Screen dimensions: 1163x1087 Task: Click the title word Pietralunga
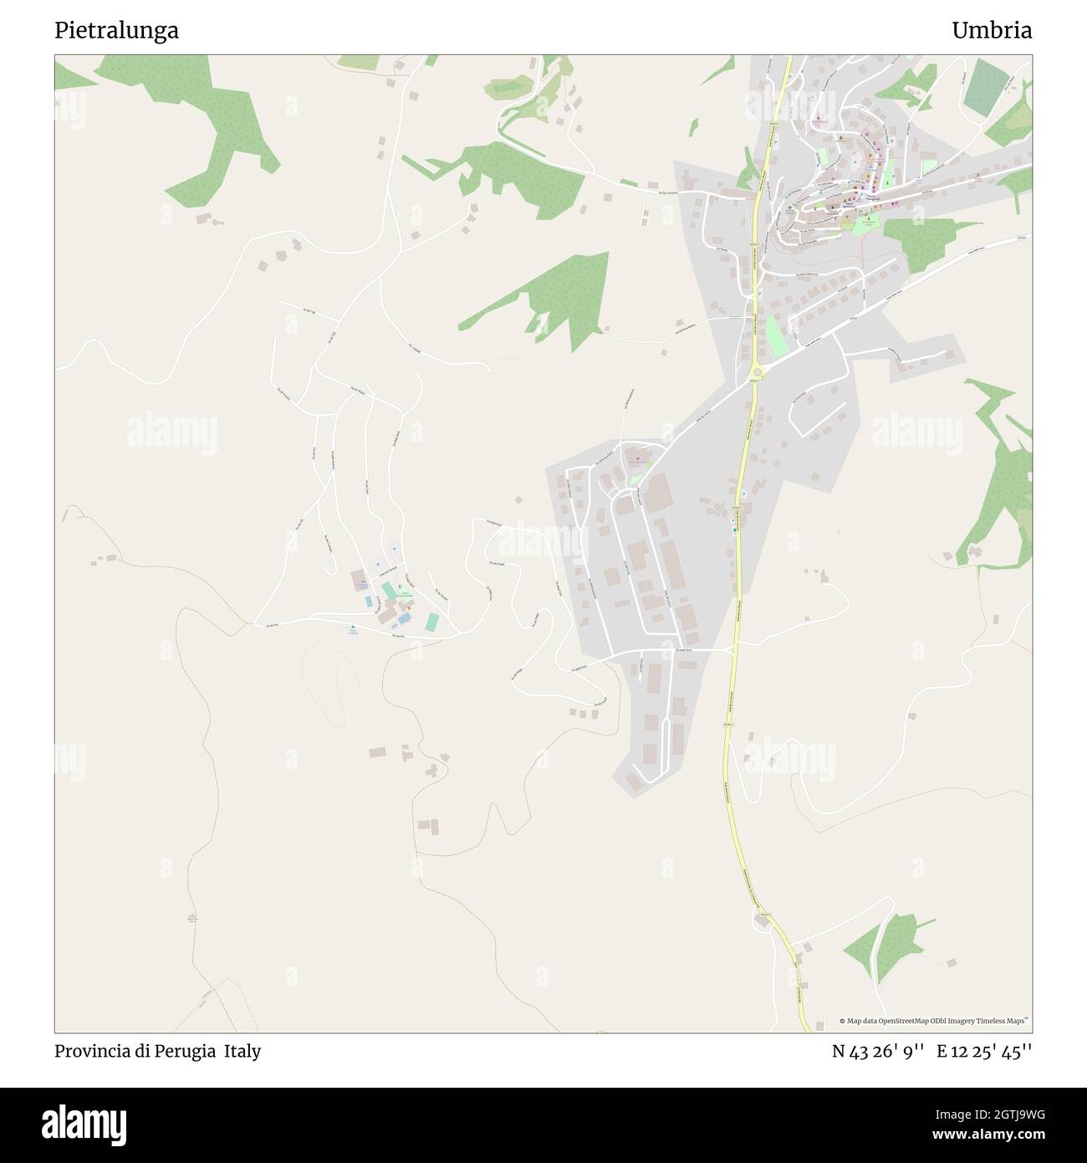pos(116,31)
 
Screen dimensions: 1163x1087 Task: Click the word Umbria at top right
pos(991,31)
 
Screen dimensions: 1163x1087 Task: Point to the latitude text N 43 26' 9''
pos(877,1051)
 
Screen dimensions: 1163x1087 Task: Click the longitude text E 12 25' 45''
pos(984,1051)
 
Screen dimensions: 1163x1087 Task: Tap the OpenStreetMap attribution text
pos(936,1021)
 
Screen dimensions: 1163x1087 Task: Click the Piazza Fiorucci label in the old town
pos(850,203)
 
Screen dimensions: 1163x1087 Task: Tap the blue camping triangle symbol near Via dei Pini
pos(353,628)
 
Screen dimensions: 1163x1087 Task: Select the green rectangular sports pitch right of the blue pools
pos(432,622)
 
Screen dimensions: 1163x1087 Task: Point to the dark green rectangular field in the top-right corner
pos(987,88)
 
